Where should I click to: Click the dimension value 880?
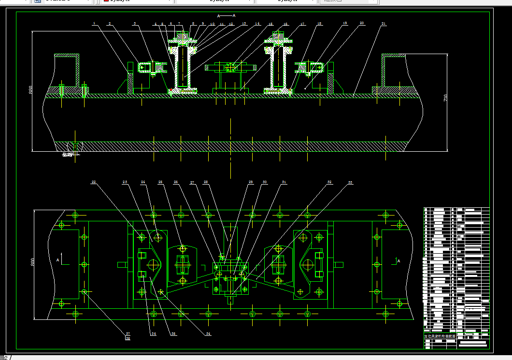coord(30,90)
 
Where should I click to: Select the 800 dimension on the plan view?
coord(32,262)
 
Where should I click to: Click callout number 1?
coord(94,23)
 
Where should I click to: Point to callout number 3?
coord(135,23)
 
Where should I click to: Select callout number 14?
coord(257,23)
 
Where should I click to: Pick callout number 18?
coord(320,23)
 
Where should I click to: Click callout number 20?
coord(362,23)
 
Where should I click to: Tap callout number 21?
coord(383,23)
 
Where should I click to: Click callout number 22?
coord(94,182)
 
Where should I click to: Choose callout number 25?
coord(160,182)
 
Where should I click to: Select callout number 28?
coord(206,182)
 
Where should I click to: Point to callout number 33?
coord(350,182)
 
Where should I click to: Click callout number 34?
coord(208,334)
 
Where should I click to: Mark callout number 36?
coord(154,334)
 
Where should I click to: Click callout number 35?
coord(173,334)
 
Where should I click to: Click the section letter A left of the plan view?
coord(58,260)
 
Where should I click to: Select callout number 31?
coord(284,182)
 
